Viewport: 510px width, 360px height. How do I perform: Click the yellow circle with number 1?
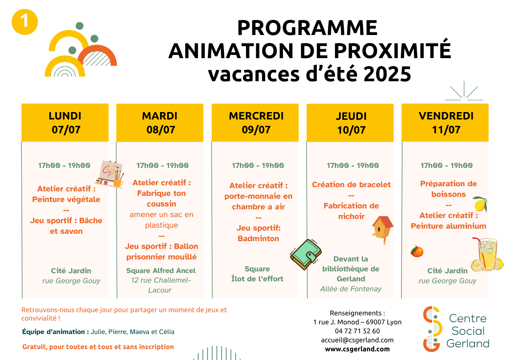click(x=25, y=22)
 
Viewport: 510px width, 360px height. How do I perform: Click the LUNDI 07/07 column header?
click(x=65, y=123)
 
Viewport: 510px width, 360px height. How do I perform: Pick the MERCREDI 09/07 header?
click(x=255, y=123)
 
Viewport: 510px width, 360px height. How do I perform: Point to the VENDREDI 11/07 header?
click(x=445, y=123)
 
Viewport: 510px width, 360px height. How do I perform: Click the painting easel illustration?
click(x=110, y=174)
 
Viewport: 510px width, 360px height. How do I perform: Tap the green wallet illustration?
click(x=306, y=254)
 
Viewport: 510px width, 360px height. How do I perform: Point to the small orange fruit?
click(x=417, y=252)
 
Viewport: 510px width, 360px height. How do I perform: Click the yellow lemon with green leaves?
click(x=480, y=204)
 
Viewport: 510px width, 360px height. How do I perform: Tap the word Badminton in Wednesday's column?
click(x=258, y=239)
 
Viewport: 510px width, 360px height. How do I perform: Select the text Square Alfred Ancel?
click(x=161, y=271)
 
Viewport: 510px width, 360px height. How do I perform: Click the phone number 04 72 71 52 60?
click(x=357, y=331)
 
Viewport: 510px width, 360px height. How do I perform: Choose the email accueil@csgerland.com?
click(x=357, y=340)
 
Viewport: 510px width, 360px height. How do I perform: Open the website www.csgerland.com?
click(x=357, y=349)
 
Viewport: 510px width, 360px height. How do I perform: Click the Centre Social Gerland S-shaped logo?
click(x=432, y=329)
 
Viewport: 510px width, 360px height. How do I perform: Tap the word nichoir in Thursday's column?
click(x=351, y=216)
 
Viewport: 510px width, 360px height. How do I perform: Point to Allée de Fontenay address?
click(x=351, y=289)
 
